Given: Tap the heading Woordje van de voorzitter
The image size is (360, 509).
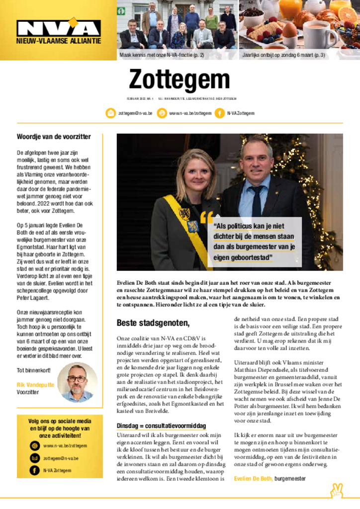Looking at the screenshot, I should (54, 137).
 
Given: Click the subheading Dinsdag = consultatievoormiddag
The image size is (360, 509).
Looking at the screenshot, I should (161, 426).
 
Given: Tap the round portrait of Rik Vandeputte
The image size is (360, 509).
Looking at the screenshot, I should (77, 382).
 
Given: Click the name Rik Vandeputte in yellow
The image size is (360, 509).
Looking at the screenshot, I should (36, 384).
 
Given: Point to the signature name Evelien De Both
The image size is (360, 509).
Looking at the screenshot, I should (253, 478).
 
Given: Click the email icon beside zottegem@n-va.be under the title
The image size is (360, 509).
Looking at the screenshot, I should (110, 113).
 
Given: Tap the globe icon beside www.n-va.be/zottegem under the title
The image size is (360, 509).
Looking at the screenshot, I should (162, 113).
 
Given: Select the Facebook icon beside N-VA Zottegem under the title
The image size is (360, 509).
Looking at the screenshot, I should (219, 113).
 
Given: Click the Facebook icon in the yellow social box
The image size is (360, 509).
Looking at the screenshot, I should (34, 470).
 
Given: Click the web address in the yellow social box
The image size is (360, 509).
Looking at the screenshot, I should (65, 446).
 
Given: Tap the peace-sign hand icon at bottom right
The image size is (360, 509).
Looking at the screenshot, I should (337, 491).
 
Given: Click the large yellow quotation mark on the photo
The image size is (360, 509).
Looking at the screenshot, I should (206, 218).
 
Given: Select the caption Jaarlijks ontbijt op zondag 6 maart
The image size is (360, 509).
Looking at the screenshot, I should (284, 55).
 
